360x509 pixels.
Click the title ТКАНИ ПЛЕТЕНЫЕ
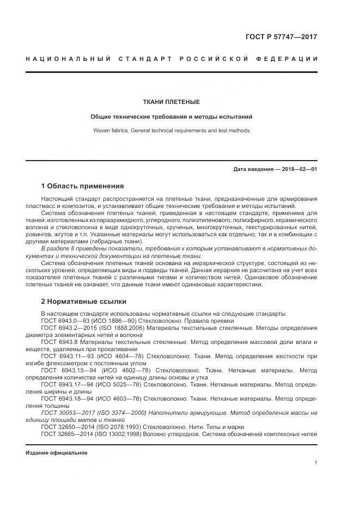click(171, 102)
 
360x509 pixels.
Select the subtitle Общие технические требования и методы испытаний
click(171, 116)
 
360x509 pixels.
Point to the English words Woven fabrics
click(109, 131)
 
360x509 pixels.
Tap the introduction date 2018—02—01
click(300, 169)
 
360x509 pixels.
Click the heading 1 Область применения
click(82, 186)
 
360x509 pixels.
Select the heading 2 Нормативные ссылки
click(83, 301)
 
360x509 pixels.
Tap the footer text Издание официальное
click(56, 452)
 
